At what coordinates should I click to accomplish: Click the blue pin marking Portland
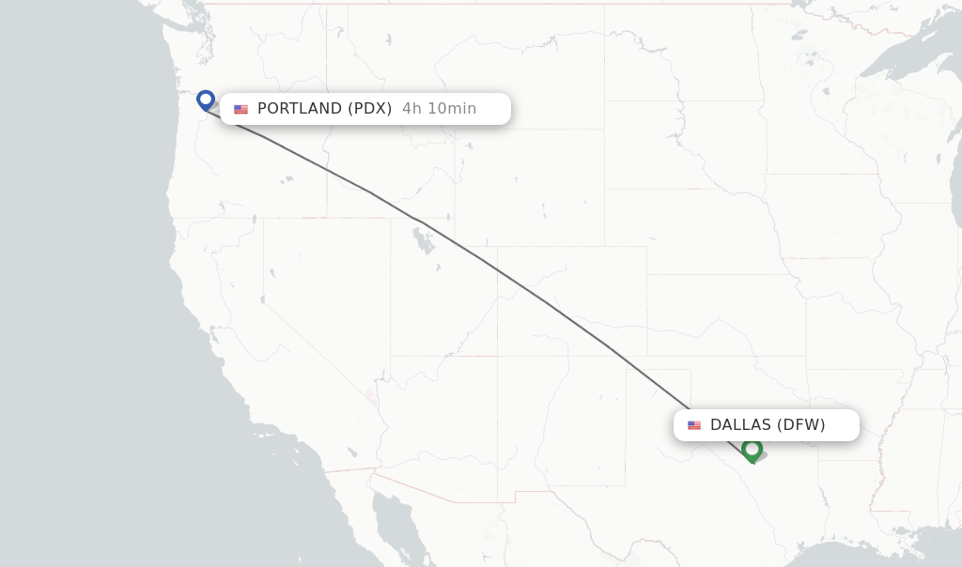coord(206,99)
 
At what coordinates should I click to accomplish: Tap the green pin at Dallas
coord(752,449)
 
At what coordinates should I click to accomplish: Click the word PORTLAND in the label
coord(300,109)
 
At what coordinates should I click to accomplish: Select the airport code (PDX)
coord(370,109)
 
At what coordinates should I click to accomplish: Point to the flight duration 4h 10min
coord(439,109)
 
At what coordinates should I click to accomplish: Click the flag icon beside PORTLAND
coord(241,110)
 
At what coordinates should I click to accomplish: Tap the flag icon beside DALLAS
coord(694,425)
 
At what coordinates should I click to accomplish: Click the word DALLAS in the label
coord(740,425)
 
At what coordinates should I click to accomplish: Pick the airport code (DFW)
coord(801,425)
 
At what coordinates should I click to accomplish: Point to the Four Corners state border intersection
coord(498,356)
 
